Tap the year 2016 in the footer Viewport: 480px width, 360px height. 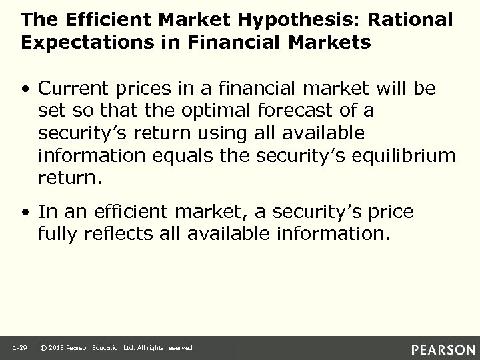point(56,347)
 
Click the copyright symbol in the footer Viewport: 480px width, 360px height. point(43,347)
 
